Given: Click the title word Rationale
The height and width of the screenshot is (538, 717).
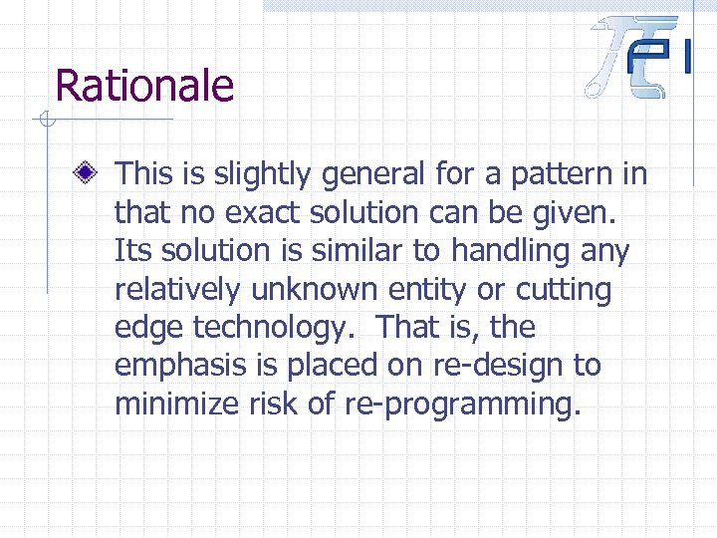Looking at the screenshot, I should click(x=144, y=86).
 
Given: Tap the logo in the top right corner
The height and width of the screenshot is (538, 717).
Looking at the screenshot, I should click(x=638, y=57).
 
